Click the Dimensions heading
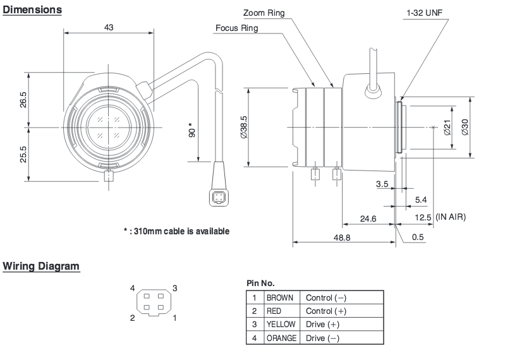32,9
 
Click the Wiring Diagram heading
41,266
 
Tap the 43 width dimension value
109,27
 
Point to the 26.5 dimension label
23,99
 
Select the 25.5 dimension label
23,154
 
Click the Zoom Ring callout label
264,13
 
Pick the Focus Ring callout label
237,28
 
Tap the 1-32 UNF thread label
425,13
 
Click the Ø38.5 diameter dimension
243,127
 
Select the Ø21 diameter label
447,128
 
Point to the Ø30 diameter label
465,127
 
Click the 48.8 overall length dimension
342,237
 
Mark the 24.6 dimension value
368,219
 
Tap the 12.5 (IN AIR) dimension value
440,217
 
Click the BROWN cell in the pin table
280,297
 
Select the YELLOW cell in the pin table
281,324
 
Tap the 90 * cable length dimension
192,129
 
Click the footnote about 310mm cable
176,231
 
